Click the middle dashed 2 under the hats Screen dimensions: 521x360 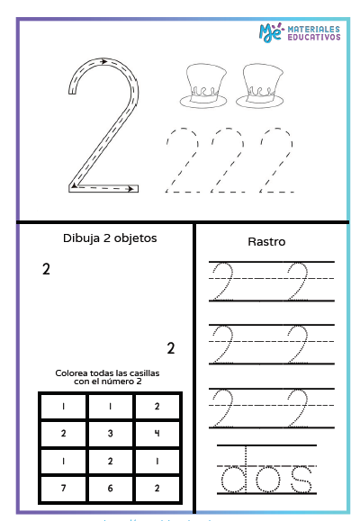tap(228, 160)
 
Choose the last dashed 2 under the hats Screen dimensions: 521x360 tap(275, 160)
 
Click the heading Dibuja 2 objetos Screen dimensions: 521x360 tap(110, 238)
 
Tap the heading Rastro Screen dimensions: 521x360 tap(266, 241)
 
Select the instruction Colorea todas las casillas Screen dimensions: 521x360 tap(110, 376)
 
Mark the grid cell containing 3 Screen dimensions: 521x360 tap(111, 433)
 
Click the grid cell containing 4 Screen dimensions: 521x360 tap(157, 433)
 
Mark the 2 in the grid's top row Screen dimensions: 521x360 tap(157, 406)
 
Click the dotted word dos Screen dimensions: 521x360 tap(267, 477)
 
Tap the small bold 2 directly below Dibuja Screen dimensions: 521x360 tap(46, 269)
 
